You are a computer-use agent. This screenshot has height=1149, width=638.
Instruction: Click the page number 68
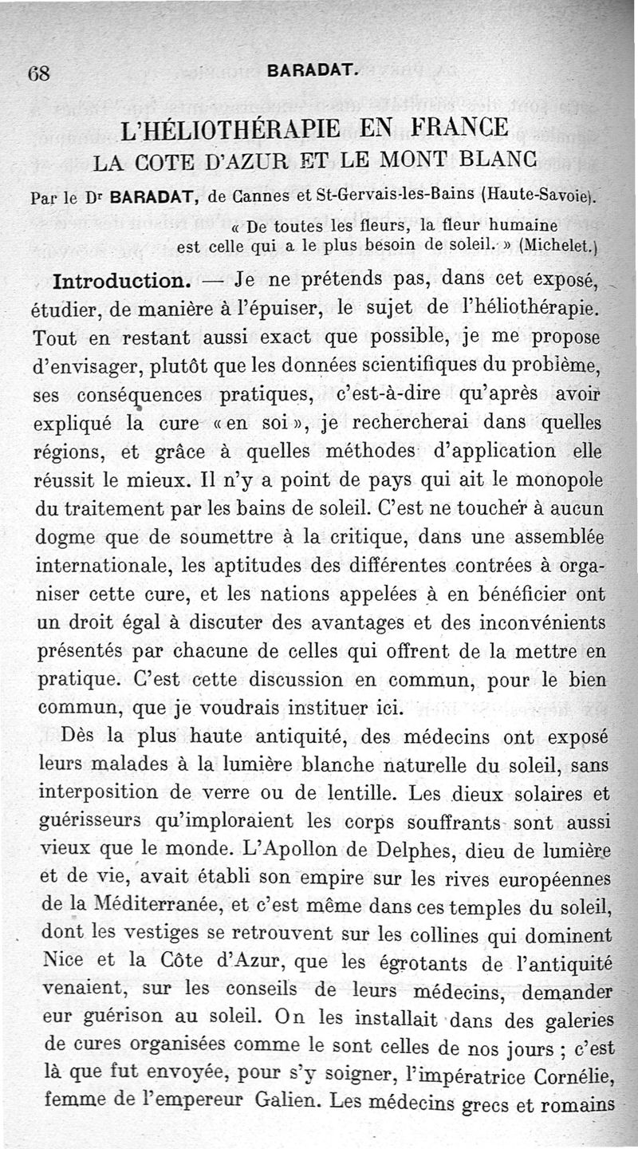(39, 72)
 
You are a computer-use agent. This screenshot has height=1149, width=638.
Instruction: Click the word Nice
(61, 961)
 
